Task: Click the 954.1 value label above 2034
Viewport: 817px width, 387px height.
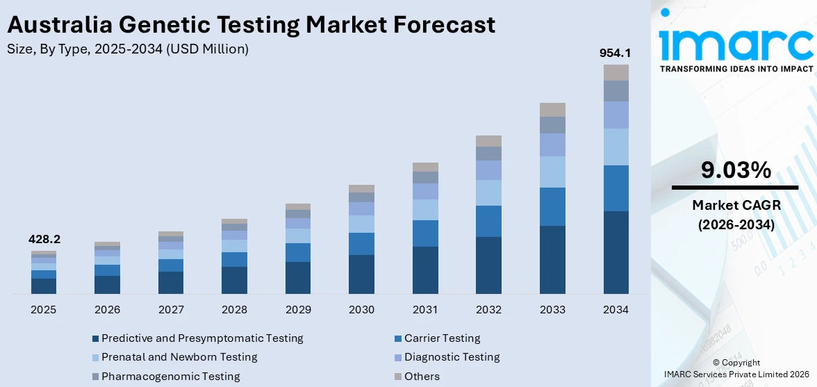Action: pyautogui.click(x=616, y=53)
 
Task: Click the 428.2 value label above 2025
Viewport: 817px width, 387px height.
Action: pyautogui.click(x=44, y=239)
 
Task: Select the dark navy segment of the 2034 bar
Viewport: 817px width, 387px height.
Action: pyautogui.click(x=616, y=252)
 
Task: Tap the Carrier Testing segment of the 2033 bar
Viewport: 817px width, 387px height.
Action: pyautogui.click(x=552, y=206)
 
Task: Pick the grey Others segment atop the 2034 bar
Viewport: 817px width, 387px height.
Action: pyautogui.click(x=616, y=72)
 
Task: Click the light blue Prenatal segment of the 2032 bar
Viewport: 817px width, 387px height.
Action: pyautogui.click(x=488, y=192)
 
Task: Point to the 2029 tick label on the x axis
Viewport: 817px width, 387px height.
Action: pyautogui.click(x=298, y=309)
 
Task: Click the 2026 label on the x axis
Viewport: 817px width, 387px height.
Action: pyautogui.click(x=108, y=309)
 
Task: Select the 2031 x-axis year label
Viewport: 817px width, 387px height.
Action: pyautogui.click(x=425, y=309)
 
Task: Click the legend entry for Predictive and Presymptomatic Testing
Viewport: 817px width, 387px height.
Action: pyautogui.click(x=202, y=338)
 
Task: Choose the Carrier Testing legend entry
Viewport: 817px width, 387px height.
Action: pyautogui.click(x=442, y=338)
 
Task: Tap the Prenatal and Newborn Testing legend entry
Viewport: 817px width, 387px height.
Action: pyautogui.click(x=179, y=357)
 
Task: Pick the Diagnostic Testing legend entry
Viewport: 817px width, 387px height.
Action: pyautogui.click(x=452, y=357)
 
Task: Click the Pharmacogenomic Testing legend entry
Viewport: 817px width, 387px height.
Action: pyautogui.click(x=170, y=376)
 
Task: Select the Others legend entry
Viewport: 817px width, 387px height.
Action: pyautogui.click(x=422, y=376)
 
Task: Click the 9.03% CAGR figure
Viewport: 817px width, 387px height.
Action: pyautogui.click(x=735, y=170)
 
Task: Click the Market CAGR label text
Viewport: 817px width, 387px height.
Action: pyautogui.click(x=735, y=205)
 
